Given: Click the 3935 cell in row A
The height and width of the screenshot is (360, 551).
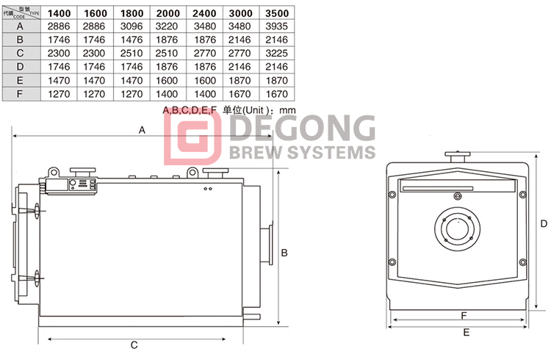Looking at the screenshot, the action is click(276, 26).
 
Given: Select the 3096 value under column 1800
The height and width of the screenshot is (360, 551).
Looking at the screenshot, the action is click(132, 26).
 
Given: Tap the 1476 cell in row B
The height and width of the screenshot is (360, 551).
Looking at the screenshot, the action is click(132, 40).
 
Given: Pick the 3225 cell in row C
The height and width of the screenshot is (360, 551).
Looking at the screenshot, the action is click(276, 54).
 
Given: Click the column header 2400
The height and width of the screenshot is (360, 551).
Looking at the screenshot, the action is click(204, 13).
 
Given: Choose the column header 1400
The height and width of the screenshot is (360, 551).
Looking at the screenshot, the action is click(59, 13).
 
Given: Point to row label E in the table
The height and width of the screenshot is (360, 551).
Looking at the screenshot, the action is click(20, 81).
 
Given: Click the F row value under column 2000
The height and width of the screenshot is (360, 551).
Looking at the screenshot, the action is click(167, 94).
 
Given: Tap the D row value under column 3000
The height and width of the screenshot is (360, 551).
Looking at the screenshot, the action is click(240, 67).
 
